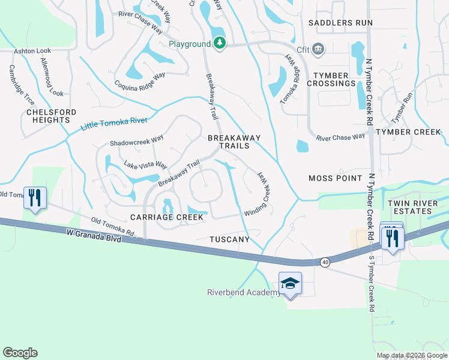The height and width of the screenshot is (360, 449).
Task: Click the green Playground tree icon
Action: tap(220, 43)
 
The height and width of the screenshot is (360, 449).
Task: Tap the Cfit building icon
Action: tap(318, 48)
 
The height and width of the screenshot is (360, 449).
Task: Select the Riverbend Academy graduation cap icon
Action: tap(289, 283)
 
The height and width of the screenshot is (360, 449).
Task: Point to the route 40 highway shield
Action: tap(325, 262)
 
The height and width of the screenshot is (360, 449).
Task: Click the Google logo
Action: tap(20, 353)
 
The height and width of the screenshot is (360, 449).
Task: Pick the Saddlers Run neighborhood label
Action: tap(340, 23)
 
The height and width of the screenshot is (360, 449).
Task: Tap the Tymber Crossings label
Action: tap(331, 79)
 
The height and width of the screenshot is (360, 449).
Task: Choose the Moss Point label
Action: tap(336, 178)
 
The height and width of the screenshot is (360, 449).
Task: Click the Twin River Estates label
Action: tap(413, 207)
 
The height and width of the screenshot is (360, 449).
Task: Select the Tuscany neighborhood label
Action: tap(229, 239)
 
